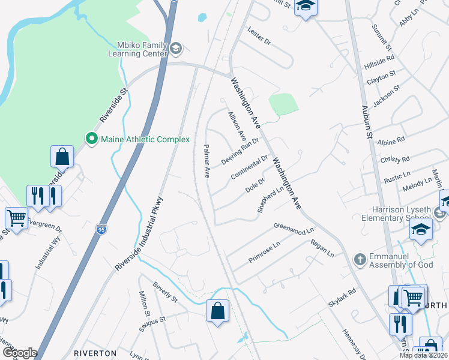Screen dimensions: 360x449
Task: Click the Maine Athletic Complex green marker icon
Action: tap(92, 139)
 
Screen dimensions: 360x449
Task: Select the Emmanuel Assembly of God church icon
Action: tap(360, 259)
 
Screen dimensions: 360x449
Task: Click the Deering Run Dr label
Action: tap(240, 151)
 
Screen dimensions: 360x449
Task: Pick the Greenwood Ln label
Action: tap(294, 229)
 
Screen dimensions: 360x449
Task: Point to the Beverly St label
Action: tap(165, 292)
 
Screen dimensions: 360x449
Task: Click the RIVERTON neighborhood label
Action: tap(95, 353)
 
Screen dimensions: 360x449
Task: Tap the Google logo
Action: tap(19, 353)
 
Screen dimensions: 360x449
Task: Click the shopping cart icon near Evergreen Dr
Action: tap(16, 218)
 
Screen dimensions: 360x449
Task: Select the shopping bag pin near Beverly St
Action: tap(217, 311)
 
